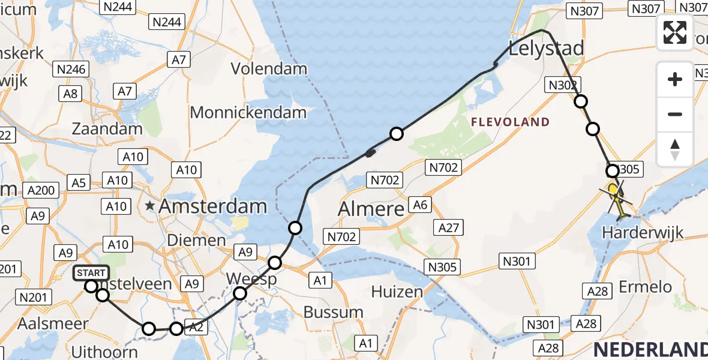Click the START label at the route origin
click(91, 274)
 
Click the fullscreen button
click(675, 32)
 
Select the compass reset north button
click(675, 149)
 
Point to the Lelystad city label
click(546, 48)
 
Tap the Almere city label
click(371, 209)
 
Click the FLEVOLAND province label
click(510, 122)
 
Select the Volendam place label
click(269, 68)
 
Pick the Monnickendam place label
click(248, 112)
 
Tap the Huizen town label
click(397, 292)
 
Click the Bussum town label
click(334, 312)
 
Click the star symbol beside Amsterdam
click(150, 207)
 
